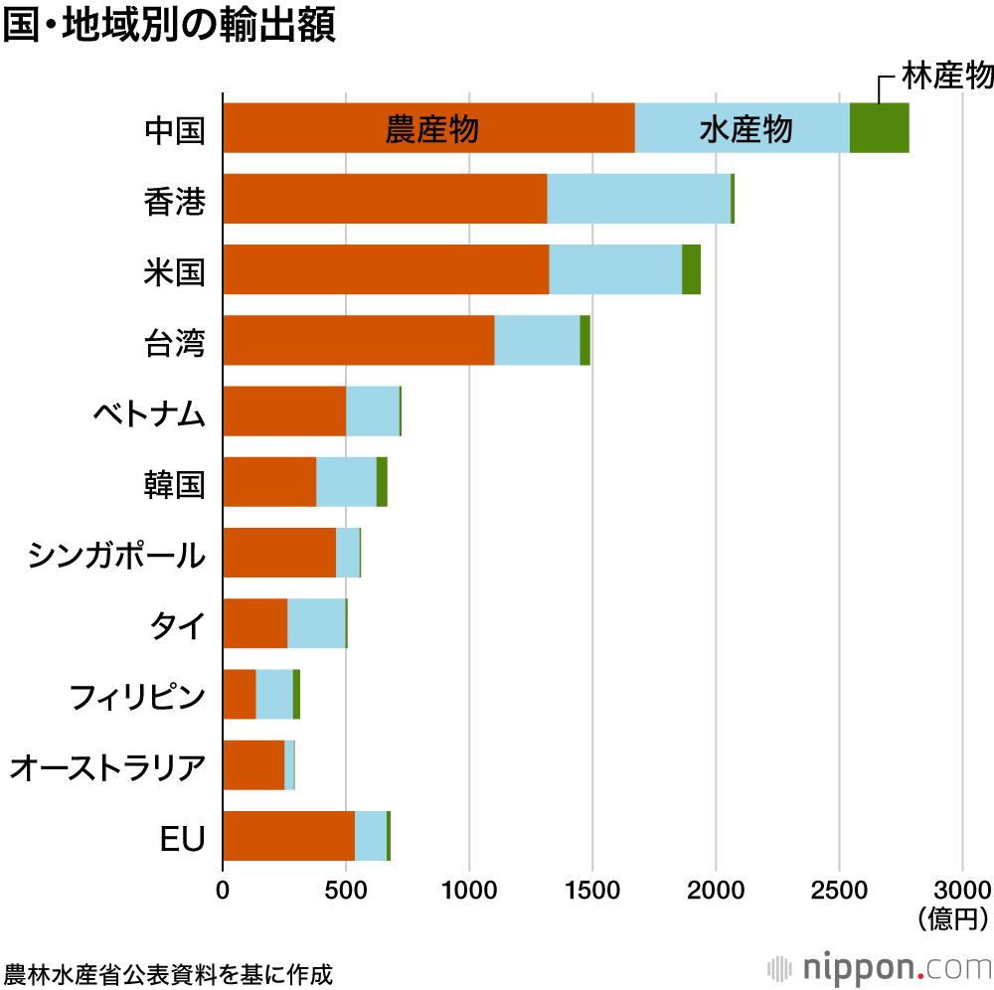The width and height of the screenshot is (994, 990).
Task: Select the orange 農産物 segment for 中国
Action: tap(427, 128)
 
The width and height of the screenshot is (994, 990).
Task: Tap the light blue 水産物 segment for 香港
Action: tap(638, 199)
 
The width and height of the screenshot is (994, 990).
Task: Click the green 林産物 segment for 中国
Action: tap(879, 128)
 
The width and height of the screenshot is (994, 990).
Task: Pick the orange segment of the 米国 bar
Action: tap(386, 269)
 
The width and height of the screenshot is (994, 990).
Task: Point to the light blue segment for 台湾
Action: tap(537, 340)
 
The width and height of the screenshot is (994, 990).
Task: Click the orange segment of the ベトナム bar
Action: tap(283, 411)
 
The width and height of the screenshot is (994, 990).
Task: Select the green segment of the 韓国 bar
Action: tap(382, 482)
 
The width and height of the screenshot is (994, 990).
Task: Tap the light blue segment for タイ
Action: tap(316, 623)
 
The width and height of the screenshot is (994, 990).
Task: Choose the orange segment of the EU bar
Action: tap(288, 835)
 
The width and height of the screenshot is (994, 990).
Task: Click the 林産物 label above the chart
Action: tap(946, 76)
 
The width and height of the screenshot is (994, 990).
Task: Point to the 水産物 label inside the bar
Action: tap(745, 129)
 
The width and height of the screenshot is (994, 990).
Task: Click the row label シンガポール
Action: tap(116, 554)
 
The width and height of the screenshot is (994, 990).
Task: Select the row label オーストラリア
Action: tap(107, 766)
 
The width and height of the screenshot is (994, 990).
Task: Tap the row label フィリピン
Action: tap(137, 695)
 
